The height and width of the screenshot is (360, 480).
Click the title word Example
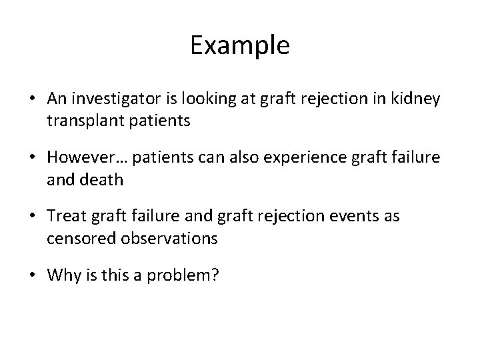pos(240,46)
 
